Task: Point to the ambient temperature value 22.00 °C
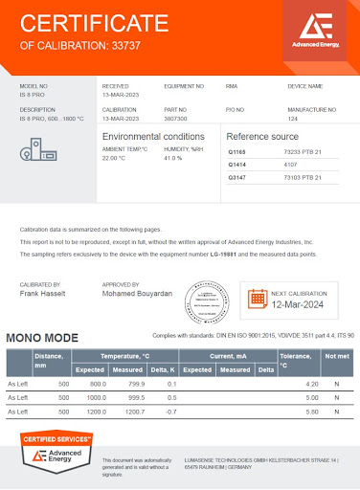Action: click(116, 159)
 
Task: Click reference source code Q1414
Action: click(237, 165)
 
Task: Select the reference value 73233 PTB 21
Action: click(304, 152)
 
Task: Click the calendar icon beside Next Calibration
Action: click(257, 298)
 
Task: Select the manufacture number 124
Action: click(291, 119)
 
